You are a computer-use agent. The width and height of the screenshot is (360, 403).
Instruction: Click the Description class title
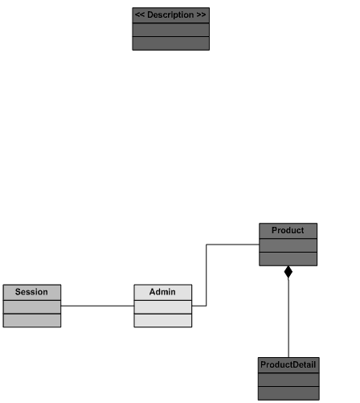pos(170,14)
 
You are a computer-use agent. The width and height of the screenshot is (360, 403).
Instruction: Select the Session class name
pos(31,292)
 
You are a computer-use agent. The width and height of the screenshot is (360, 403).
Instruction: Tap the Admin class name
pos(162,292)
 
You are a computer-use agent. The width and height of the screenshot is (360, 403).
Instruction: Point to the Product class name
pos(288,230)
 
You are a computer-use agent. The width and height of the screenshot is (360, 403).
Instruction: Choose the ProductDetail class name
pos(288,364)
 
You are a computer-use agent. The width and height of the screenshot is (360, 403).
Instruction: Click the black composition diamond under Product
pos(288,272)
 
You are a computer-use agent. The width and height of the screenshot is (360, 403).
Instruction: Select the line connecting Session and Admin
pos(97,306)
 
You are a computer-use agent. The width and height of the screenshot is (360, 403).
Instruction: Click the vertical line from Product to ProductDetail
pos(288,318)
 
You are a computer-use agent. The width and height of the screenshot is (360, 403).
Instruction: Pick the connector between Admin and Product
pos(207,275)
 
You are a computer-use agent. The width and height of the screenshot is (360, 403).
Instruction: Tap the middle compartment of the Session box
pos(32,306)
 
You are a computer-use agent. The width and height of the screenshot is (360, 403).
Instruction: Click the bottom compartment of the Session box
pos(32,320)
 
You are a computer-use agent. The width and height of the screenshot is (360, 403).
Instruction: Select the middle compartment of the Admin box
pos(163,306)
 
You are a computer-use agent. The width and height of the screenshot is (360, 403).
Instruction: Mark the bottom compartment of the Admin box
pos(163,320)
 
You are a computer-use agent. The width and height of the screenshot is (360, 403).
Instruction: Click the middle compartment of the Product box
pos(288,245)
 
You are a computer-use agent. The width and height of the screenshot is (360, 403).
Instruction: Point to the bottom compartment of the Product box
pos(288,259)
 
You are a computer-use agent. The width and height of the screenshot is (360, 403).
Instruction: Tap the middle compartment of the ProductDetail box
pos(288,380)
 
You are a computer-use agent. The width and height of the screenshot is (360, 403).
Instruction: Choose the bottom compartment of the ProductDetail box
pos(288,393)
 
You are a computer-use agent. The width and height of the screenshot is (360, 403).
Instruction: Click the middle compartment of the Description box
pos(171,30)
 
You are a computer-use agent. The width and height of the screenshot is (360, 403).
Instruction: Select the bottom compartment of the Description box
pos(171,43)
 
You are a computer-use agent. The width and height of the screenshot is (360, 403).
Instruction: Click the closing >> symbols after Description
pos(201,14)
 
